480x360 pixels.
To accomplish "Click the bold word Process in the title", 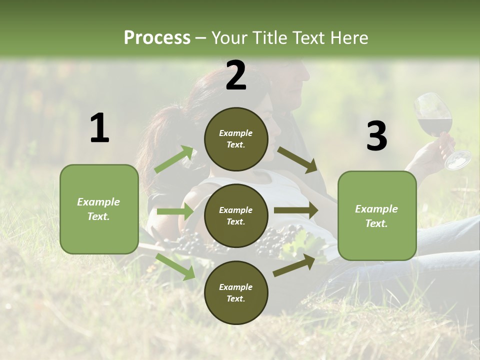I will (157, 37).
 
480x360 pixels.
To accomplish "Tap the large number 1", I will (99, 128).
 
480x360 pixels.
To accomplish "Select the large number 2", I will (236, 75).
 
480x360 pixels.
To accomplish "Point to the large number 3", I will (376, 136).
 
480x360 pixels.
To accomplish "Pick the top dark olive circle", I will (236, 139).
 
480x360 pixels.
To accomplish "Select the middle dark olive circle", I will (236, 215).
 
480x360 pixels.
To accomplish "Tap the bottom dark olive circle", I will (236, 292).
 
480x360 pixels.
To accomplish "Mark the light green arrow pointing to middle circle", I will (175, 211).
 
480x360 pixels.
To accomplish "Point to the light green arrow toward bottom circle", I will (175, 266).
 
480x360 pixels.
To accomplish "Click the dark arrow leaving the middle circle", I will (296, 210).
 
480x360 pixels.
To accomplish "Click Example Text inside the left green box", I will (98, 209).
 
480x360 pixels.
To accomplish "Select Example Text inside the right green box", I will (376, 216).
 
